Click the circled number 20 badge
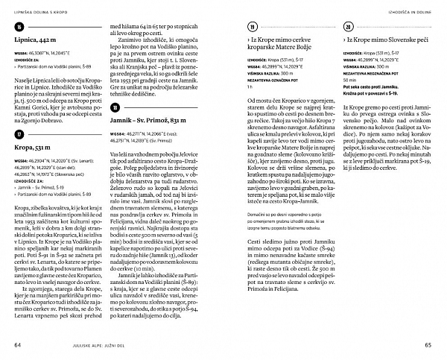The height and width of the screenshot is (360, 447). point(348,26)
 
